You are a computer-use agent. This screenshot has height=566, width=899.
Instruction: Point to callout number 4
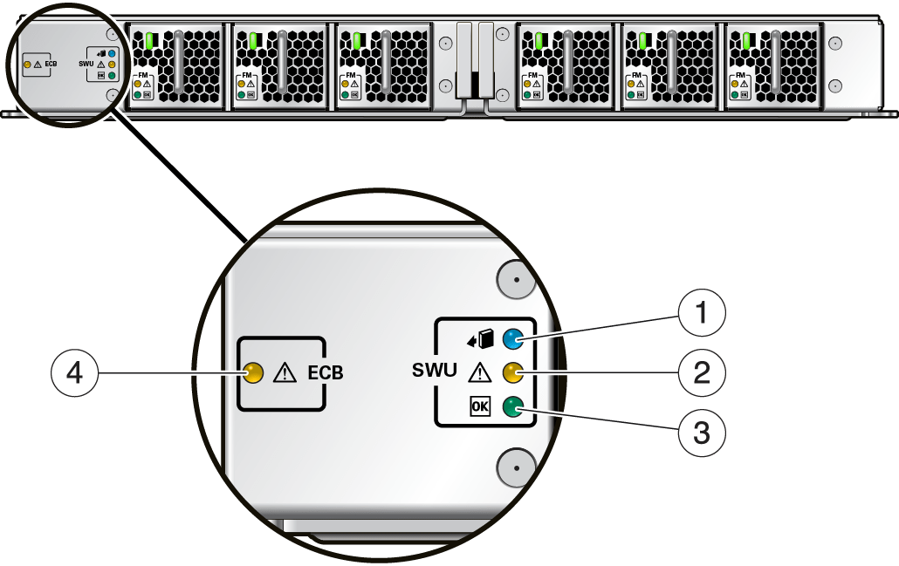74,374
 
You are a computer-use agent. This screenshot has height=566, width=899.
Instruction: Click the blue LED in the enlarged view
512,340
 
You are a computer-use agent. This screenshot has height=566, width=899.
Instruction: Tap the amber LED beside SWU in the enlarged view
512,374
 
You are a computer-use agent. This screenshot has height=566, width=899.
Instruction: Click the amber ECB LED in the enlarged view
253,374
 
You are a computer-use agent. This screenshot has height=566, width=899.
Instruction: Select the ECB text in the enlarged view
326,373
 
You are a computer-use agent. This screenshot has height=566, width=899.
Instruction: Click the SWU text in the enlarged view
435,371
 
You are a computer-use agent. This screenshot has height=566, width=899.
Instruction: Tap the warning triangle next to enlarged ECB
285,374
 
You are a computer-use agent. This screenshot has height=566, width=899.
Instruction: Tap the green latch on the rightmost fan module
747,41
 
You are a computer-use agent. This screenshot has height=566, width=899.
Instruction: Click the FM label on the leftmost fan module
139,75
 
